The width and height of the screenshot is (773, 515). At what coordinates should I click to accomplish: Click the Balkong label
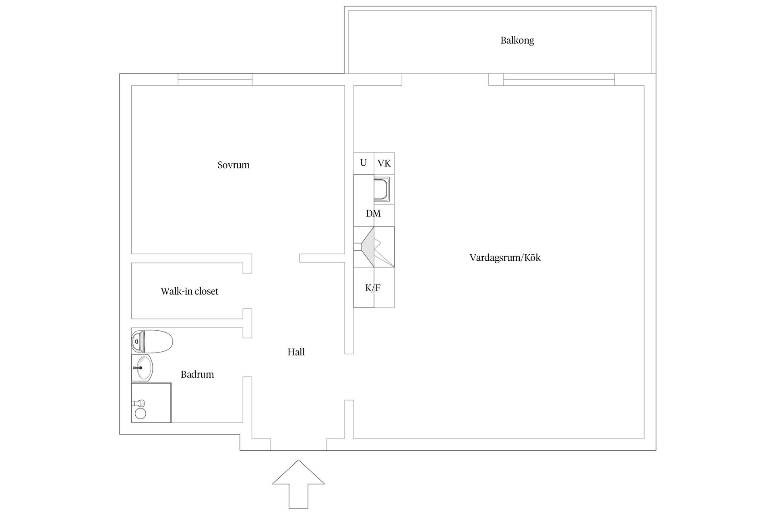point(517,40)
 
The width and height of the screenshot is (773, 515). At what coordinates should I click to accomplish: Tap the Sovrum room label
point(234,165)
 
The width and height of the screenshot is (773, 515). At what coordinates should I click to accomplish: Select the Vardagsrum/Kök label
point(505,257)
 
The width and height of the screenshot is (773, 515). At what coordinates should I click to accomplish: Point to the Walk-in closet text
point(189,291)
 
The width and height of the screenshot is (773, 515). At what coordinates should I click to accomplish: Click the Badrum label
point(197,375)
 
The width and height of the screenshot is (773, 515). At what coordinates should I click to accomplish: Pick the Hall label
point(296,352)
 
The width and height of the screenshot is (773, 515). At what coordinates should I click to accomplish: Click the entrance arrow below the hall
point(298,487)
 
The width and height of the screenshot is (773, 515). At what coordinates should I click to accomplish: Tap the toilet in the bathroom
point(152,341)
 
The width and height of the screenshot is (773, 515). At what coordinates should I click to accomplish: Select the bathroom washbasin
point(143,368)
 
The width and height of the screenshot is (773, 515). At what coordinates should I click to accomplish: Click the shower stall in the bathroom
point(151,402)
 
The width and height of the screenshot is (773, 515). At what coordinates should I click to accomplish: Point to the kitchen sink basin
point(380,190)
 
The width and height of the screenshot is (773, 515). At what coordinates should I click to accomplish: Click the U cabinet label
point(363,163)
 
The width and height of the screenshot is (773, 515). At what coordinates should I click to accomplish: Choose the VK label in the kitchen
point(384,163)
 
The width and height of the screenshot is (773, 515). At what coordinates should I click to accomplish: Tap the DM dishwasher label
point(373,214)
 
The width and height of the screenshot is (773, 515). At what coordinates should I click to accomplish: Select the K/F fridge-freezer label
point(373,288)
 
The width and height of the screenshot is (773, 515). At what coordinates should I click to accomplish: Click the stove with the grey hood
point(374,247)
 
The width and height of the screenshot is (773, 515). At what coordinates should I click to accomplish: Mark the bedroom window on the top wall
point(215,80)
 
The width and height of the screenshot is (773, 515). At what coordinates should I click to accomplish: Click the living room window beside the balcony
point(559,80)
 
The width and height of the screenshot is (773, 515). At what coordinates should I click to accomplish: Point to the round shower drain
point(140,413)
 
